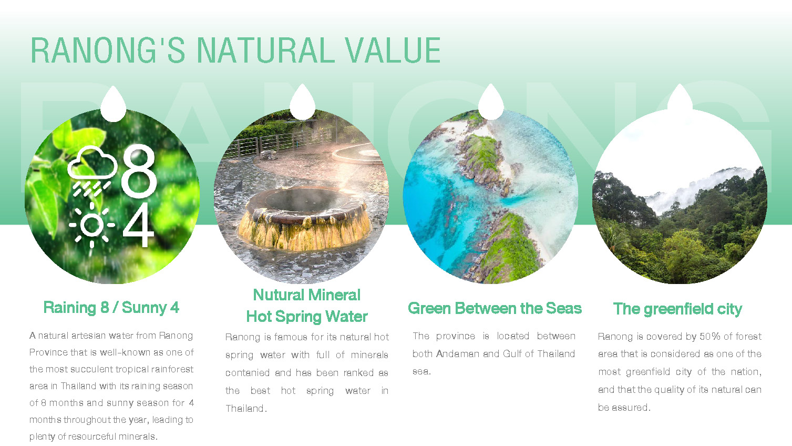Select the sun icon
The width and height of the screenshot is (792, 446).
click(x=92, y=225)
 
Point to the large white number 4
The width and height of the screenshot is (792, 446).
click(x=138, y=225)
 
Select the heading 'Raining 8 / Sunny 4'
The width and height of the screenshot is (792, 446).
click(x=111, y=308)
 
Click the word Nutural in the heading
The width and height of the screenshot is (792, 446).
click(x=279, y=295)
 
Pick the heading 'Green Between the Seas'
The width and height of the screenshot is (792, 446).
click(x=495, y=308)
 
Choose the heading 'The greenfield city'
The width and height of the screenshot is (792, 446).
click(x=677, y=309)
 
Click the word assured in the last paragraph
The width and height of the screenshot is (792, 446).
click(x=631, y=408)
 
